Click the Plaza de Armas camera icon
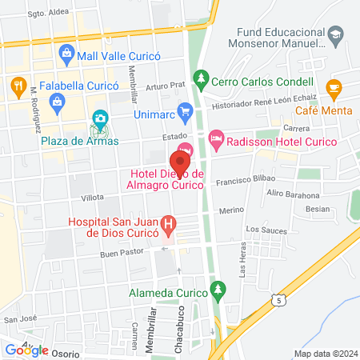99,120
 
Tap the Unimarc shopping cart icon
185,110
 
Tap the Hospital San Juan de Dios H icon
168,223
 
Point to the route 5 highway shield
277,298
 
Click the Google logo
26,350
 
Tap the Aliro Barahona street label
293,194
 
